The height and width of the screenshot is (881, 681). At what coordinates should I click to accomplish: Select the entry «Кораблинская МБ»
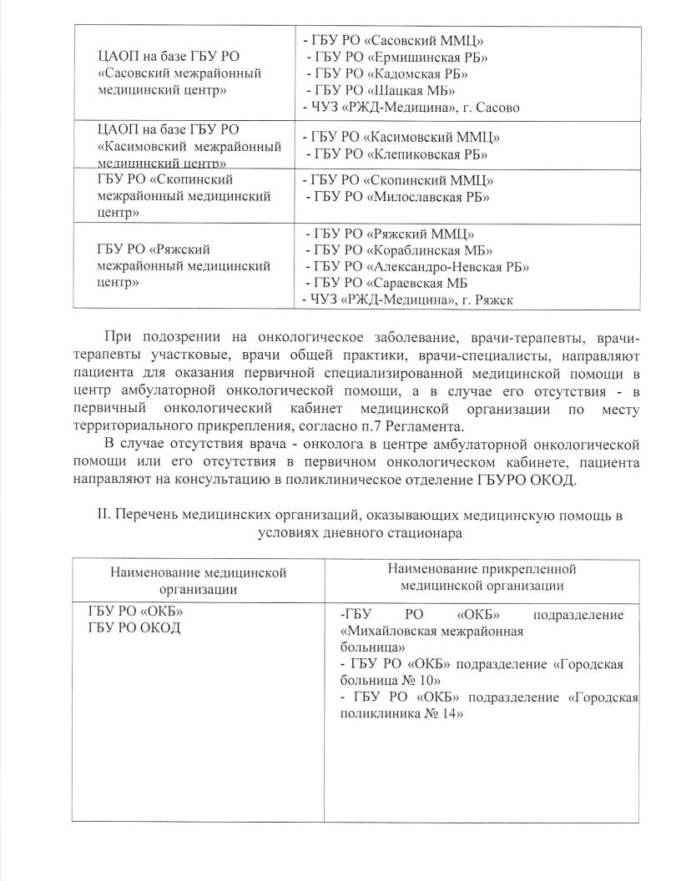click(400, 250)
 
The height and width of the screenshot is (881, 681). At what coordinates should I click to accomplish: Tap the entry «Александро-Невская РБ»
click(418, 267)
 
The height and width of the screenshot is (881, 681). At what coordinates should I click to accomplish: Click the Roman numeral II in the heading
click(104, 516)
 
